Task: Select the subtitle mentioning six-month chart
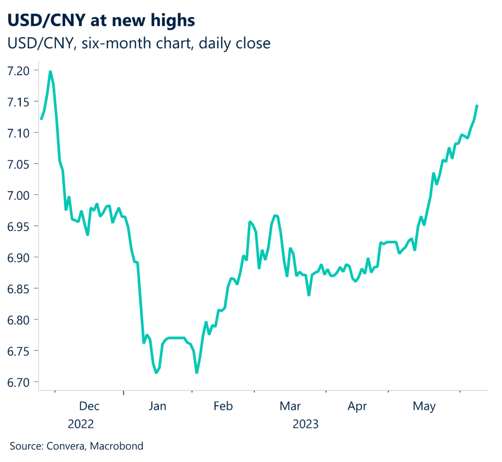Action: pyautogui.click(x=139, y=43)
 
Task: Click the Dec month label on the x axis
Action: pyautogui.click(x=89, y=406)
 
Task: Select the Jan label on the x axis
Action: pyautogui.click(x=158, y=406)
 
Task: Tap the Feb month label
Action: pyautogui.click(x=223, y=406)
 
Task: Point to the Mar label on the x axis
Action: pyautogui.click(x=291, y=406)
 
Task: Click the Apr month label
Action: pyautogui.click(x=357, y=406)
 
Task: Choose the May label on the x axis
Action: pyautogui.click(x=424, y=406)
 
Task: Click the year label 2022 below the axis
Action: pyautogui.click(x=81, y=424)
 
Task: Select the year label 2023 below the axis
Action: pyautogui.click(x=305, y=424)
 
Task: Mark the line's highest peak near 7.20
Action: pyautogui.click(x=50, y=72)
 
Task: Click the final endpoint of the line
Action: pyautogui.click(x=477, y=105)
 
